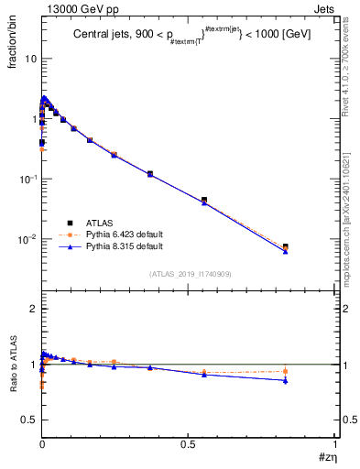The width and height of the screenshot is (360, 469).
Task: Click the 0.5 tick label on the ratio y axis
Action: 27,420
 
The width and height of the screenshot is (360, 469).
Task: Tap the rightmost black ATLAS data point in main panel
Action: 286,246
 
